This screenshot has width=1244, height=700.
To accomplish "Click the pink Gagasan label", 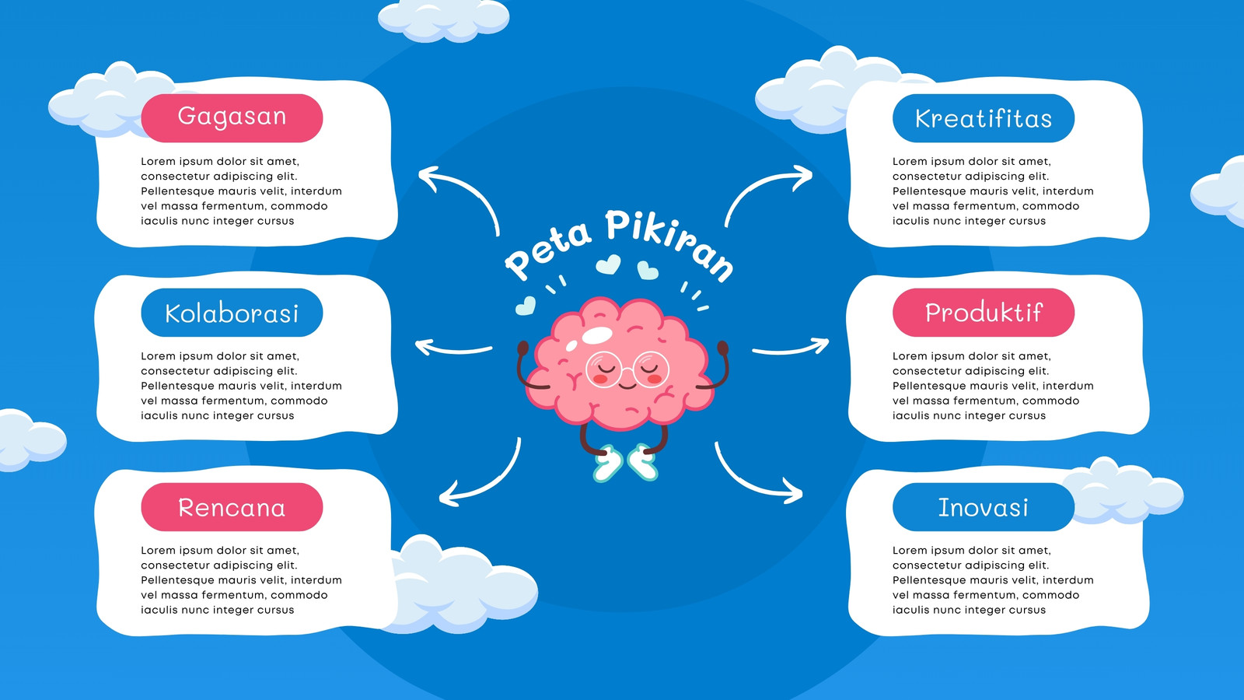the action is (232, 117).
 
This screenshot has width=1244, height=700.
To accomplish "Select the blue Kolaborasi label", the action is (232, 312).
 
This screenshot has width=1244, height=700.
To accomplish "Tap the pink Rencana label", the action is (232, 506).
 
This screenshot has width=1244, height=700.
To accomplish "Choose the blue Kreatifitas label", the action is (984, 117).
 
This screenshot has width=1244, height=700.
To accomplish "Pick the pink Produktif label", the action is (984, 312).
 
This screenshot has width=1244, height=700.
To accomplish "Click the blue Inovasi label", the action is (984, 506).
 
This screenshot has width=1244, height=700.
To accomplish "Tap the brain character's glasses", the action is (627, 369).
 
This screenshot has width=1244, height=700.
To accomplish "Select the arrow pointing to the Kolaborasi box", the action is (453, 350).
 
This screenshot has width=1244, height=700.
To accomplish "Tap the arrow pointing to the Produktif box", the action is (791, 349).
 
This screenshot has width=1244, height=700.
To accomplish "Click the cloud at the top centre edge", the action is (443, 20).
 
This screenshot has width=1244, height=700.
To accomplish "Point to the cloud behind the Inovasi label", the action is (1122, 492).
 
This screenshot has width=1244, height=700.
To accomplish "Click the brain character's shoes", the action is (626, 463).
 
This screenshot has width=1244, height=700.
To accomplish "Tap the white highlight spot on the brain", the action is (597, 335).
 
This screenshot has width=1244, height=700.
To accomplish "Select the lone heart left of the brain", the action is (526, 305).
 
